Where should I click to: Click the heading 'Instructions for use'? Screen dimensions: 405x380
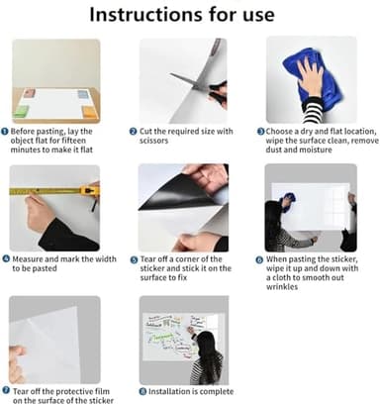coord(189,15)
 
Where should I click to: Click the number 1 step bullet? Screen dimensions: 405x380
coord(6,131)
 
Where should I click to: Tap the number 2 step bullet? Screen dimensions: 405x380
coord(134,131)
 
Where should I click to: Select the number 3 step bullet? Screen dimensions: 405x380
coord(260,131)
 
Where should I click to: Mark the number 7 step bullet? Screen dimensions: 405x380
coord(6,390)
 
